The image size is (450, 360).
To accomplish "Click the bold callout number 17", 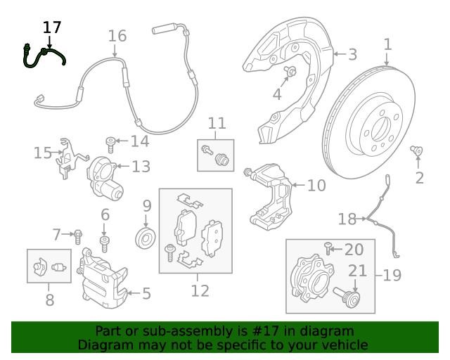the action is point(52,27).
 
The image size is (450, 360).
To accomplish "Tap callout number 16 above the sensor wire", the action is point(117,36).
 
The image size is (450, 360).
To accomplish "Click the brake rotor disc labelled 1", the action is point(368,122).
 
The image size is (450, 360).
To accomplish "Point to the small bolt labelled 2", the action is point(416,150).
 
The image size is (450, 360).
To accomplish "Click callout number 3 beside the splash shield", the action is point(352,54).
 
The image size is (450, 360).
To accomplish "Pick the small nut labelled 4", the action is point(290,71).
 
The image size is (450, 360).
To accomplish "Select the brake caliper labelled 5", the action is point(102,278).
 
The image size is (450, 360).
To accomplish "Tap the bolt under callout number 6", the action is point(105,244).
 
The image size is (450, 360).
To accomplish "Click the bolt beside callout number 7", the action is point(78,236).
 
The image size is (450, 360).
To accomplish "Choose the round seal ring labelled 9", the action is point(146,238).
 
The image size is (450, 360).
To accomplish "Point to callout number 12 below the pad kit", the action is point(200,290).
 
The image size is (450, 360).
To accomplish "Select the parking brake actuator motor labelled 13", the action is point(105,178).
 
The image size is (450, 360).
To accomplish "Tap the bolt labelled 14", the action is point(110,145).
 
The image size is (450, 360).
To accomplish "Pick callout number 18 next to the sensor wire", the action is point(347,219).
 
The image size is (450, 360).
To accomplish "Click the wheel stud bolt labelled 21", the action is point(347,297).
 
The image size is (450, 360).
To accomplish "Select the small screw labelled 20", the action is point(328,248).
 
